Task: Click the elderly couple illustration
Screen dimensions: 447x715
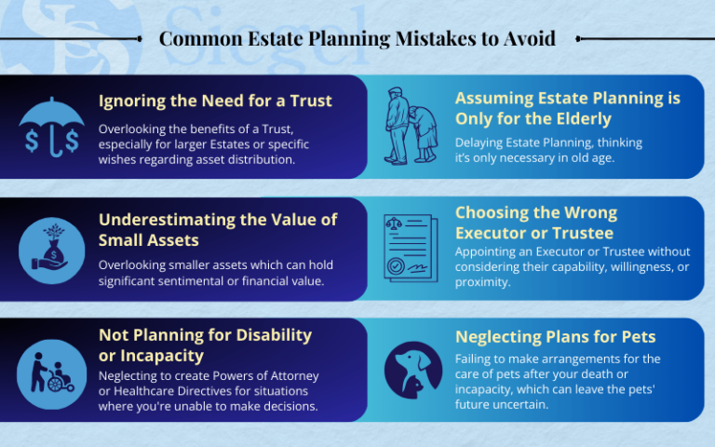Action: coord(411,126)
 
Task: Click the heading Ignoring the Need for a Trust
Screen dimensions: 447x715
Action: coord(215,101)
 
